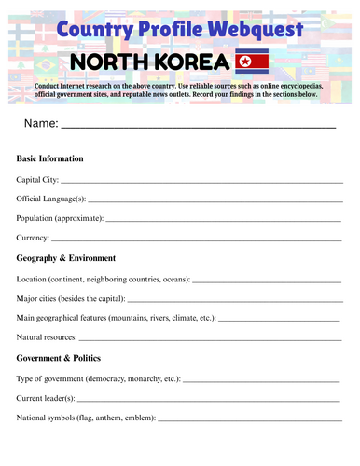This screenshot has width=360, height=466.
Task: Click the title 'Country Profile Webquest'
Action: pos(180,30)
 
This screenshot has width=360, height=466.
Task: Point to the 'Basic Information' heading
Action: pos(49,158)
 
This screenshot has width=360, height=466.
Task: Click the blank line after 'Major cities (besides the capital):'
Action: pos(233,300)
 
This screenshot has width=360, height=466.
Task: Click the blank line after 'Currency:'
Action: pos(198,240)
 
